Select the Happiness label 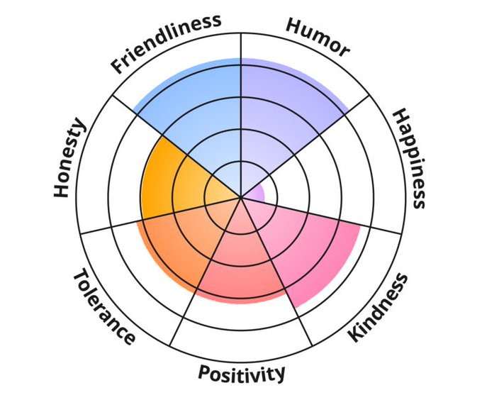[x=409, y=159]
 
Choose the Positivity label [x=242, y=372]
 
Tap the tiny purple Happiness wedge [x=258, y=191]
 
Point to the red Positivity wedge [x=241, y=262]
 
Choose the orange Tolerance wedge [x=177, y=241]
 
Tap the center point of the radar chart [x=242, y=196]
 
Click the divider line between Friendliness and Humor [x=242, y=85]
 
